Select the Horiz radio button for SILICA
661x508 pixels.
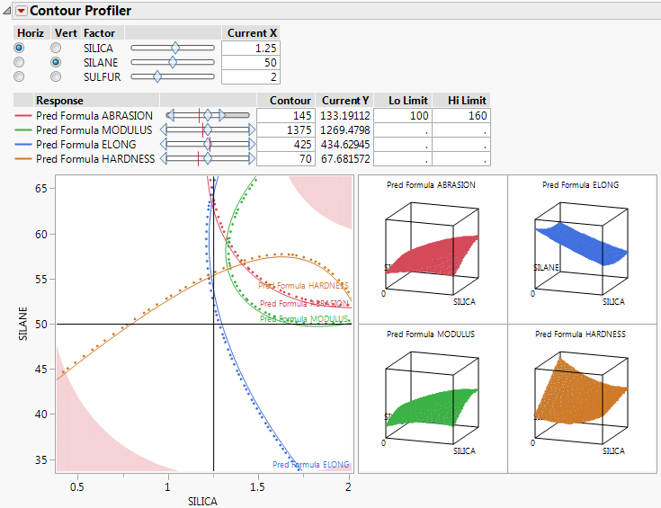coord(20,48)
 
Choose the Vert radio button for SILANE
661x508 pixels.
coord(56,62)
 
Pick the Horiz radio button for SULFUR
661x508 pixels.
coord(20,77)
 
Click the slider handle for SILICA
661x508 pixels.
coord(175,48)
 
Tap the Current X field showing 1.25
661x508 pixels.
coord(252,48)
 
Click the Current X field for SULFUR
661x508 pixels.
coord(252,77)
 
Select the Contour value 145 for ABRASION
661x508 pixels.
coord(285,116)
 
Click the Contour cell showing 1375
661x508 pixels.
coord(285,130)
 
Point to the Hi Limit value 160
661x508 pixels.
coord(461,116)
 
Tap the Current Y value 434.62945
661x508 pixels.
coord(345,145)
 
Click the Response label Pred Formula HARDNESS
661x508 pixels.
coord(95,159)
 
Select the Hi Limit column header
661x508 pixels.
coord(461,101)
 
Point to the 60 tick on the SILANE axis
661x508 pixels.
coord(41,234)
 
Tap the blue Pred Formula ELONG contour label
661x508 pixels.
coord(310,465)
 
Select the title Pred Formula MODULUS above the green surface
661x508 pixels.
coord(431,334)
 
